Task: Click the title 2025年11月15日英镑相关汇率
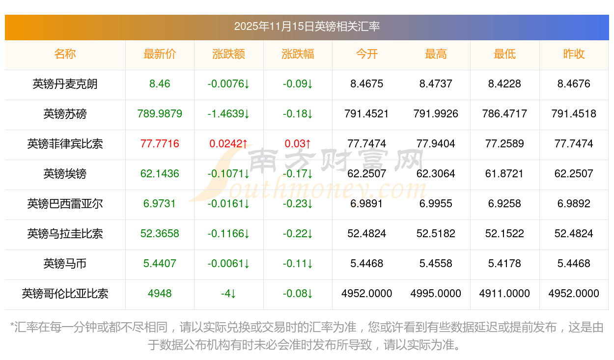307,27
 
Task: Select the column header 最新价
160,54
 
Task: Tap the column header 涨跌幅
298,54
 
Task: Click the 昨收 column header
574,54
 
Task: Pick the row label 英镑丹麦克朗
65,84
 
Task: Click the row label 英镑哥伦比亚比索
65,294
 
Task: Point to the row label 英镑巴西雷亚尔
65,204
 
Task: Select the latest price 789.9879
160,114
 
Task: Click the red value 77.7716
160,144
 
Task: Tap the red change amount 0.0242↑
228,144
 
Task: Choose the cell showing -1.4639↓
228,114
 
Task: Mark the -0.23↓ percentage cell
298,204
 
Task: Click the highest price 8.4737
436,84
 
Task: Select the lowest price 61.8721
504,174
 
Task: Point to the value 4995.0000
436,294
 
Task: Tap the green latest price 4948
160,294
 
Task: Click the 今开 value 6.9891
366,204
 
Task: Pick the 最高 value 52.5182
436,234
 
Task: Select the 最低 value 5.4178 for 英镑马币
504,264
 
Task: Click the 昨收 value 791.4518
574,114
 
